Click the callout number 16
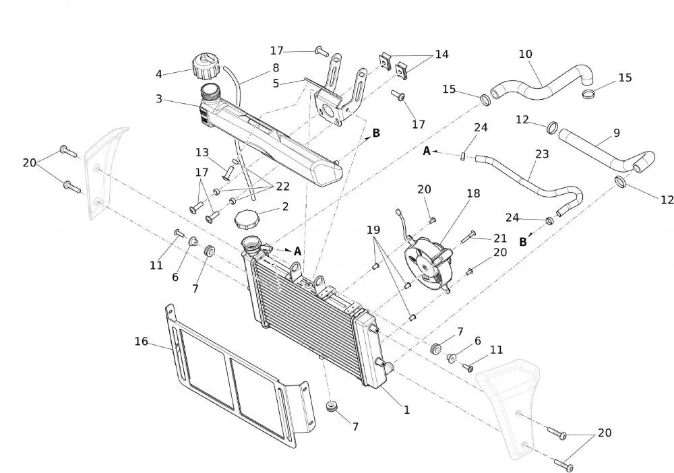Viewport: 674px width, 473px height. click(141, 342)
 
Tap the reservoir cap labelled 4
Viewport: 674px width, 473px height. click(205, 67)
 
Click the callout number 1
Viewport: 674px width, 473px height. click(406, 409)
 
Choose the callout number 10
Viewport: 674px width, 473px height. click(525, 53)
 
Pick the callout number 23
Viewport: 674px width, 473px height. click(542, 154)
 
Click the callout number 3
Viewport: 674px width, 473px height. click(159, 99)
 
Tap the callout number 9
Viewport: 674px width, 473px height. click(616, 133)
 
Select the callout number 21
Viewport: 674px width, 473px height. click(499, 238)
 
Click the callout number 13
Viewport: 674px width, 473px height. click(202, 152)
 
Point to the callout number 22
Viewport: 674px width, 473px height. click(282, 186)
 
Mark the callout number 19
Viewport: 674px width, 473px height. click(373, 230)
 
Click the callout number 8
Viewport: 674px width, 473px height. click(276, 67)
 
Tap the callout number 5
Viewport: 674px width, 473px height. click(276, 84)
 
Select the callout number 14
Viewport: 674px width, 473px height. click(441, 54)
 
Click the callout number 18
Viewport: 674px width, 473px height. click(473, 193)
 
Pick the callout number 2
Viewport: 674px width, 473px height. click(285, 206)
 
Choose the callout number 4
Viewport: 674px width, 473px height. click(159, 74)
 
